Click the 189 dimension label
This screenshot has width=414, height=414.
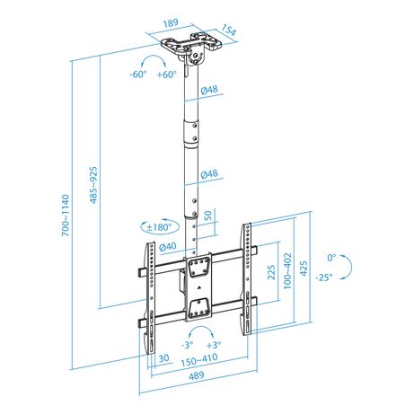coord(171,23)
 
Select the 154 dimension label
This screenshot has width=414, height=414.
coord(229,30)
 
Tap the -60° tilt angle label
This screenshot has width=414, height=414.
coord(138,74)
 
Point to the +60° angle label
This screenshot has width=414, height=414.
coord(167,74)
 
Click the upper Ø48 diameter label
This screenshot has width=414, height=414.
coord(209,90)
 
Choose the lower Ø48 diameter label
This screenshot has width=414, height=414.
coord(209,174)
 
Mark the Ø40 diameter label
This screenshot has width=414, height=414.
coord(168,247)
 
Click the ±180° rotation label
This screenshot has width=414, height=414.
coord(160,227)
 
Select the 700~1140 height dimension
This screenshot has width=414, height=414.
coord(66,216)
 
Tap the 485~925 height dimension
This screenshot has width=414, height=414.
coord(93,185)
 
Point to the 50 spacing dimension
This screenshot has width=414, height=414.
coord(207,216)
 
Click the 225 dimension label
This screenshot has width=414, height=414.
coord(271,272)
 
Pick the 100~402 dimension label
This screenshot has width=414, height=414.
coord(287,270)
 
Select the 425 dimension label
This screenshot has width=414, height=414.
coord(304,269)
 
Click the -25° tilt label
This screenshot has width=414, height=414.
coord(324,277)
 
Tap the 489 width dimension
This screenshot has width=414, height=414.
coord(197,375)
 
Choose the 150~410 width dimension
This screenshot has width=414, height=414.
coord(199,360)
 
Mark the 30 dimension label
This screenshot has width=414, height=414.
coord(163,358)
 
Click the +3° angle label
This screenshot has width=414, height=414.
coord(214,345)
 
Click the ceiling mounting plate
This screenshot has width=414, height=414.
coord(191,43)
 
